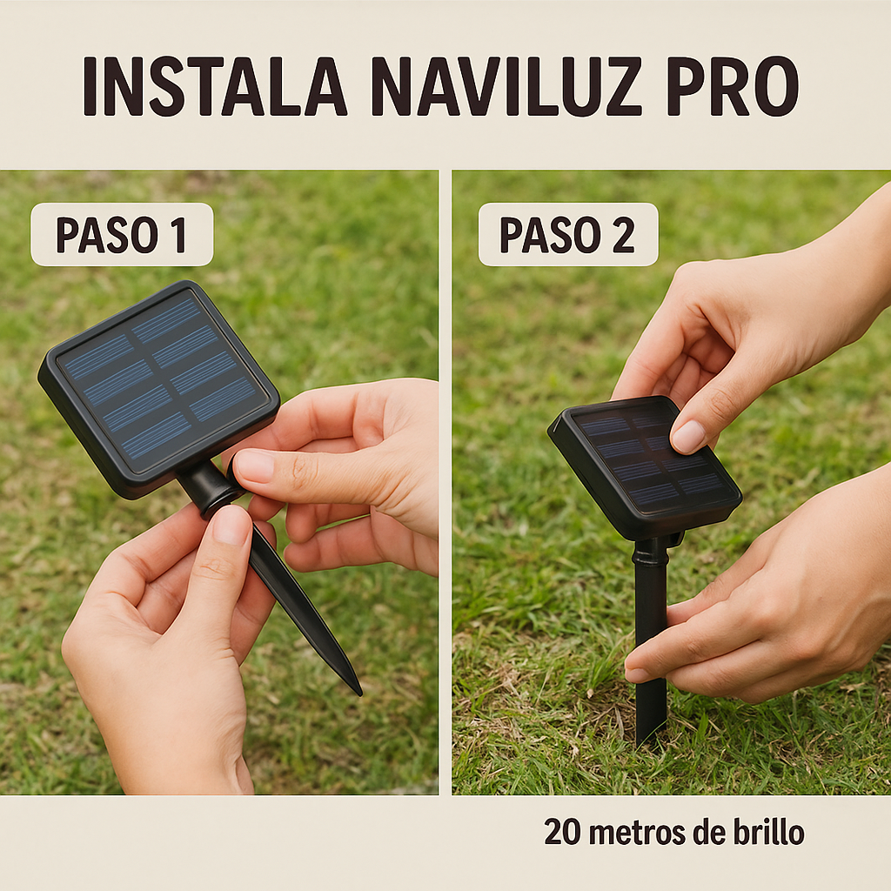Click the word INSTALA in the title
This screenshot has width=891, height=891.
[x=214, y=86]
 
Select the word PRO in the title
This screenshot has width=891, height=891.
[x=733, y=86]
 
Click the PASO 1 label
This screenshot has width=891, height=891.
[x=121, y=235]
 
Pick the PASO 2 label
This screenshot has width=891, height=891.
[x=567, y=235]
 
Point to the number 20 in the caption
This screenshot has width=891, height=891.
[x=562, y=832]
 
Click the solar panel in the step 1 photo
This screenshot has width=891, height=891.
[x=158, y=389]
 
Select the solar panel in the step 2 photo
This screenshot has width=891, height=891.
[x=645, y=467]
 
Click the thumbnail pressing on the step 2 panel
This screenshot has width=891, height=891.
[x=688, y=436]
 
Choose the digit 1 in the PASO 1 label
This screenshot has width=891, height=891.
[x=180, y=235]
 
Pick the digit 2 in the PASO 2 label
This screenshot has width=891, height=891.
[x=623, y=235]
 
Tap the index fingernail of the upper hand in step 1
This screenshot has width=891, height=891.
[x=254, y=466]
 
